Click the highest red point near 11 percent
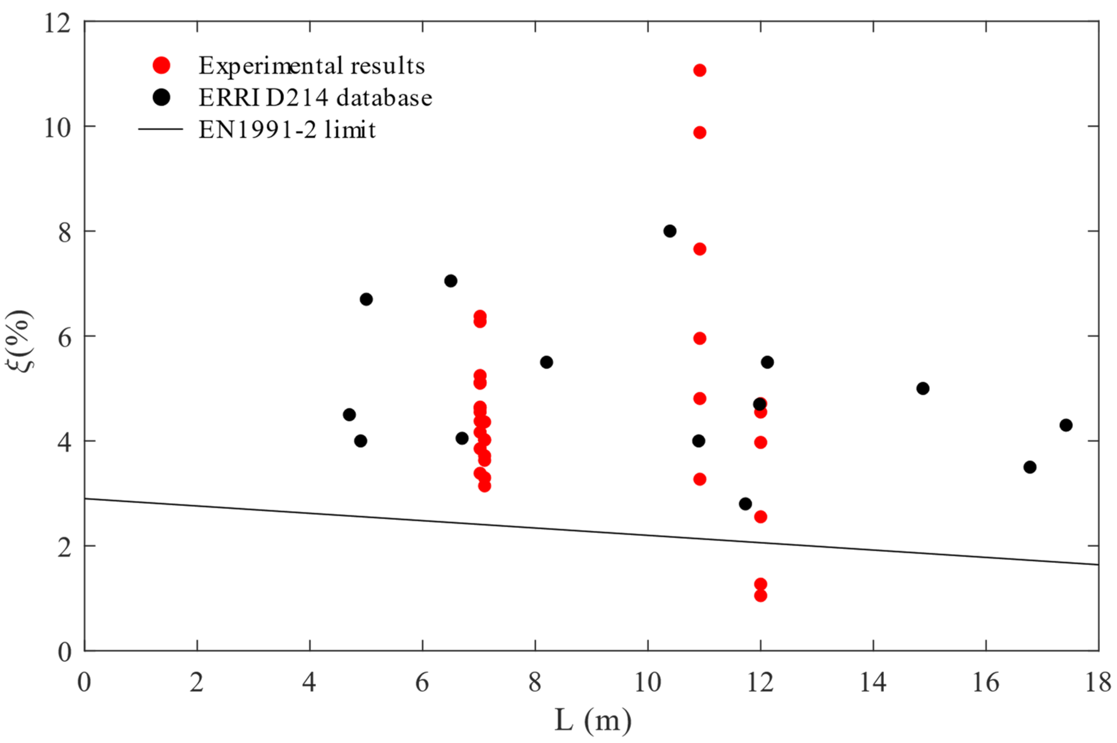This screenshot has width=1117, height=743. pos(699,71)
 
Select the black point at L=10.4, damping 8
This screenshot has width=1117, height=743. pos(669,231)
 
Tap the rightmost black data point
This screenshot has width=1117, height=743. pos(1066,425)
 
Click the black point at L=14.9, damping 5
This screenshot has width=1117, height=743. pos(923,388)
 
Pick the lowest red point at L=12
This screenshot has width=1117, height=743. pos(760,596)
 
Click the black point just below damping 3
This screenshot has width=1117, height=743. pos(745,504)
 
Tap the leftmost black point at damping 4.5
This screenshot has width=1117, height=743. pos(349,415)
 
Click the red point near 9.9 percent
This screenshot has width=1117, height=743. pos(699,133)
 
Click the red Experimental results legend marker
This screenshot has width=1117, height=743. pos(161,65)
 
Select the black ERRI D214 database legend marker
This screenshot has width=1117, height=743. pos(161,97)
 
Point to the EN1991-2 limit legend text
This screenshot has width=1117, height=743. pos(287,130)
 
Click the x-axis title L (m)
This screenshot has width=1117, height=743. pos(593,721)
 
